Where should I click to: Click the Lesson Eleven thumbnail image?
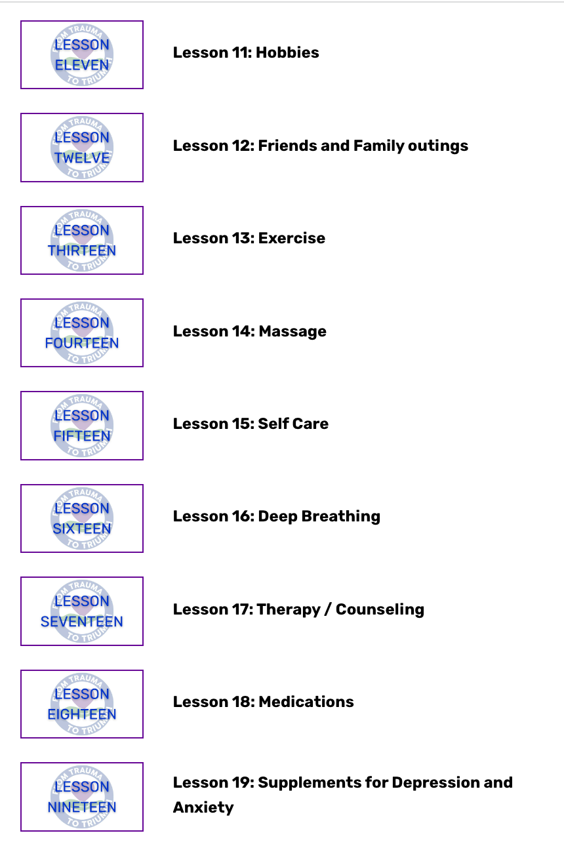82,55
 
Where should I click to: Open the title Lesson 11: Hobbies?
246,52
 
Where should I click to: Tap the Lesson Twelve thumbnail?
82,148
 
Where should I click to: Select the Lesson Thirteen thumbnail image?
82,241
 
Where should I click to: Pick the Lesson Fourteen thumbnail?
82,333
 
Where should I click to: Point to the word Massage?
292,331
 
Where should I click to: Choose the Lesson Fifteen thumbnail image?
82,426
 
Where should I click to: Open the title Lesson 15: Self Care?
251,424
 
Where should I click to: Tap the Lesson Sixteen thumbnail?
82,519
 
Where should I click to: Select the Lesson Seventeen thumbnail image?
82,611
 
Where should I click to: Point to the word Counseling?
380,609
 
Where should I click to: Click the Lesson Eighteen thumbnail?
82,704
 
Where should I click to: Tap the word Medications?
306,702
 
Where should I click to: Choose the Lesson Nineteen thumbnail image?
82,797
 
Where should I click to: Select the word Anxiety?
203,807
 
